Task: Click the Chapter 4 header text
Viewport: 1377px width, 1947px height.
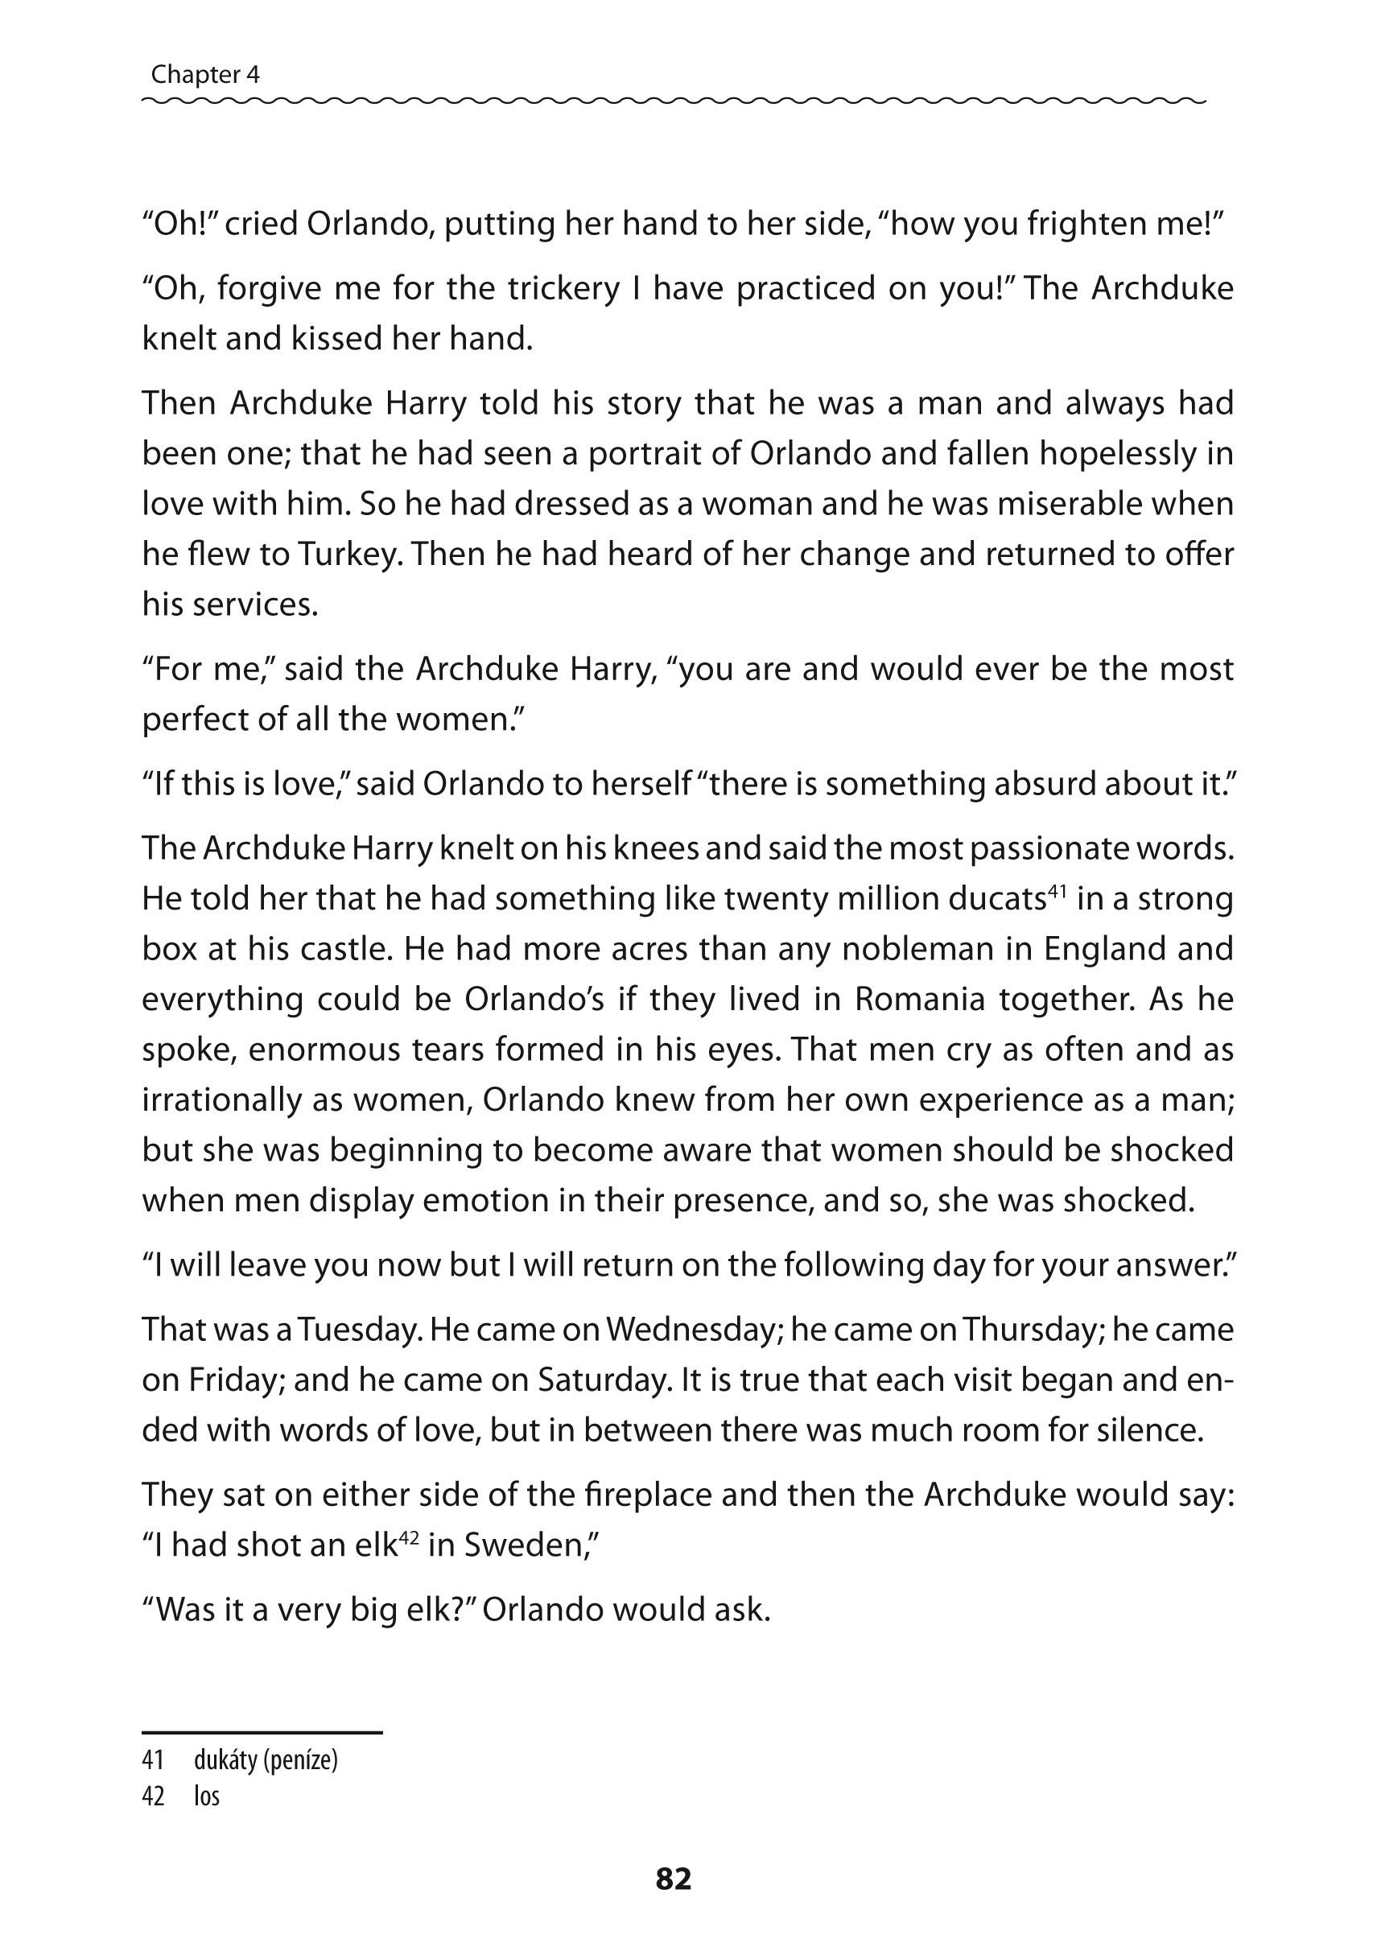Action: click(205, 76)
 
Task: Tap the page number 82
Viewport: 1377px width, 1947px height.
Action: click(674, 1879)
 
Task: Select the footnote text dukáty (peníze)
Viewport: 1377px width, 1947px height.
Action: click(266, 1760)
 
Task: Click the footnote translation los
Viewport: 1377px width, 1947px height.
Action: click(206, 1795)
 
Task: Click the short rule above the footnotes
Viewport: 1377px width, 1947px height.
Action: click(262, 1732)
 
